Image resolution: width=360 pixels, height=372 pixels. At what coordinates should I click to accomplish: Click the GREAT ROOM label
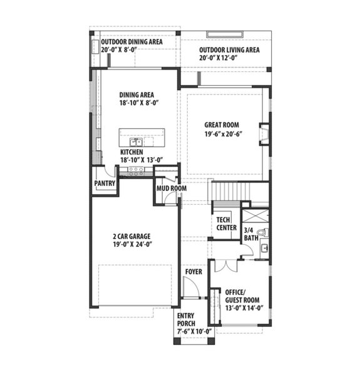[222, 124]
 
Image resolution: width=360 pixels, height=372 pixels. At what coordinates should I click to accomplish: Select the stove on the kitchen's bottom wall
[136, 170]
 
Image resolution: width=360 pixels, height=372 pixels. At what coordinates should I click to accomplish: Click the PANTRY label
[103, 183]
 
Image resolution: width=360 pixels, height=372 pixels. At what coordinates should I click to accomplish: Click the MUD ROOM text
[171, 188]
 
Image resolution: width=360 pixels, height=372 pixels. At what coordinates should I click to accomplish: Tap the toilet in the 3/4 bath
[262, 233]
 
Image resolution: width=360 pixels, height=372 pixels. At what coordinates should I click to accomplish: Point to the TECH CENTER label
[227, 224]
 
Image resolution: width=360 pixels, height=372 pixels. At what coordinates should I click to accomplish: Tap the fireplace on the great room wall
[264, 134]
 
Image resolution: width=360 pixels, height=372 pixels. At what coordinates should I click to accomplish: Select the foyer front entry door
[191, 287]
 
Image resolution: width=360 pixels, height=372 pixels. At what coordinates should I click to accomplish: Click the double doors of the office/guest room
[226, 265]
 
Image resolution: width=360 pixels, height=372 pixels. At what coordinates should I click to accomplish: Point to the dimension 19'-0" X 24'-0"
[131, 245]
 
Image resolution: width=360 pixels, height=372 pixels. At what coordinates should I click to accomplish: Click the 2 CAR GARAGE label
[131, 237]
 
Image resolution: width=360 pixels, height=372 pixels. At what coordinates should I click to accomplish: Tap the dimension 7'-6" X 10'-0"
[195, 331]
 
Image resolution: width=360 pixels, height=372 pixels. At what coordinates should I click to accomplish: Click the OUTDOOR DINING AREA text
[131, 42]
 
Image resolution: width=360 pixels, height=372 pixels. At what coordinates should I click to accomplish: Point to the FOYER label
[193, 272]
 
